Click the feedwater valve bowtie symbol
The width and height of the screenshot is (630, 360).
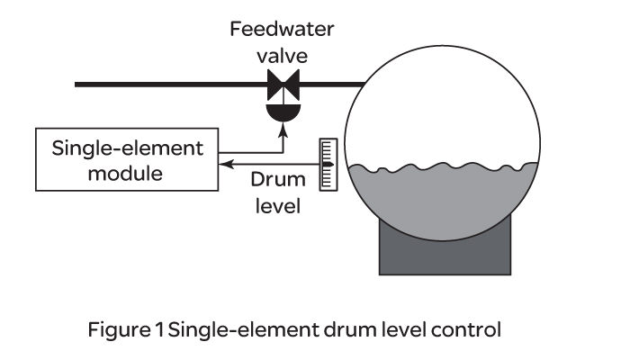[x=283, y=85]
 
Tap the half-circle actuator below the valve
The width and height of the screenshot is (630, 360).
[x=283, y=112]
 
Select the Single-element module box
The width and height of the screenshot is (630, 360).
[x=125, y=160]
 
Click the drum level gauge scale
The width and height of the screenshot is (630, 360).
[x=327, y=165]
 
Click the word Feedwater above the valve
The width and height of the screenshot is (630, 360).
[x=283, y=29]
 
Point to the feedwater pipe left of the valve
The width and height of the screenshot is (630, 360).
[x=162, y=85]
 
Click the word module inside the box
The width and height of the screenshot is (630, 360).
[x=125, y=173]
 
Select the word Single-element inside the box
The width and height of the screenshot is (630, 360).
[x=125, y=148]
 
